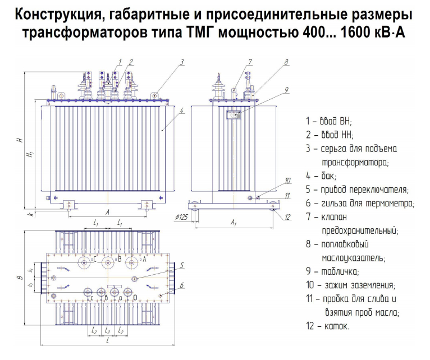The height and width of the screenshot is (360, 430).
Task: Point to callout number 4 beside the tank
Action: pyautogui.click(x=182, y=110)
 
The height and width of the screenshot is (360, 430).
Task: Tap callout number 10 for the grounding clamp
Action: pyautogui.click(x=287, y=181)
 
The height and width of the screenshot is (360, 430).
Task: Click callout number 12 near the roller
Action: pyautogui.click(x=287, y=216)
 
